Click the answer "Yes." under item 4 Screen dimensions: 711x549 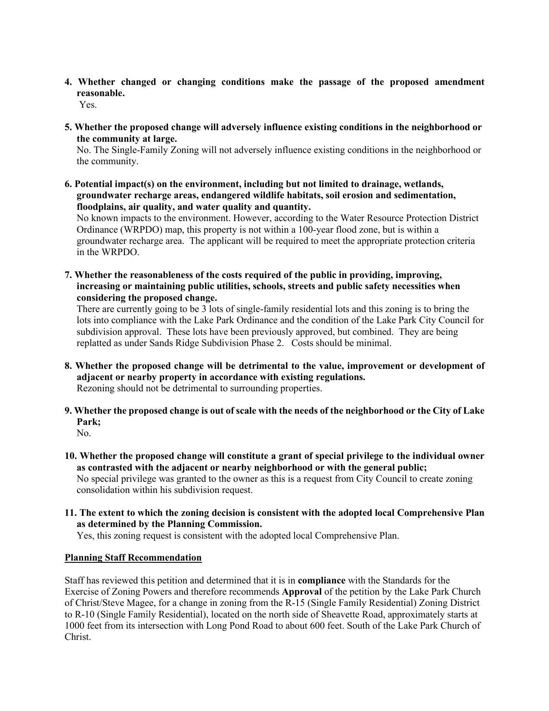click(88, 105)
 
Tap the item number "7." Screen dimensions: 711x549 click(69, 275)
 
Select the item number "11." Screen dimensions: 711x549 click(71, 513)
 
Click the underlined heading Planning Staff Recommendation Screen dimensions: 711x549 click(133, 558)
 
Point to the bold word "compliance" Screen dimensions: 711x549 click(321, 580)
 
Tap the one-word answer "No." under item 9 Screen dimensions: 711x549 click(84, 433)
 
